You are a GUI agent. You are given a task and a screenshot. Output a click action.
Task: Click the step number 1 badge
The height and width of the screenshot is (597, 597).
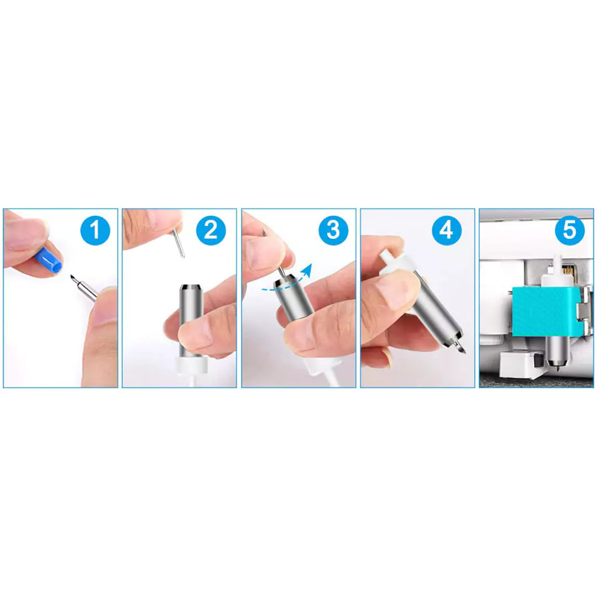pos(95,231)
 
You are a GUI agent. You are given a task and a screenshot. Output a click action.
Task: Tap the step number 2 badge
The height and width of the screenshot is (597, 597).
pos(211,231)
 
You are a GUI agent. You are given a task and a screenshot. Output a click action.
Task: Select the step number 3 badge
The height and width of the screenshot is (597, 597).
pos(333,231)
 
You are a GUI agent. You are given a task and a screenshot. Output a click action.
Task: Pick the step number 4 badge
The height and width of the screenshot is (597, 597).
pos(447,231)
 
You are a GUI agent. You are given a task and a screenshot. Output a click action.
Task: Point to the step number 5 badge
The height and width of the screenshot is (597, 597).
pos(569,231)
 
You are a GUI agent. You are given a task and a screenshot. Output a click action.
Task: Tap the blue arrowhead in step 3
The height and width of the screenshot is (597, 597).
pos(307,270)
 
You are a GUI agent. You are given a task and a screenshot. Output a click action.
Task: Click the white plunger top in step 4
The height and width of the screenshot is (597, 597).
pos(392,263)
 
